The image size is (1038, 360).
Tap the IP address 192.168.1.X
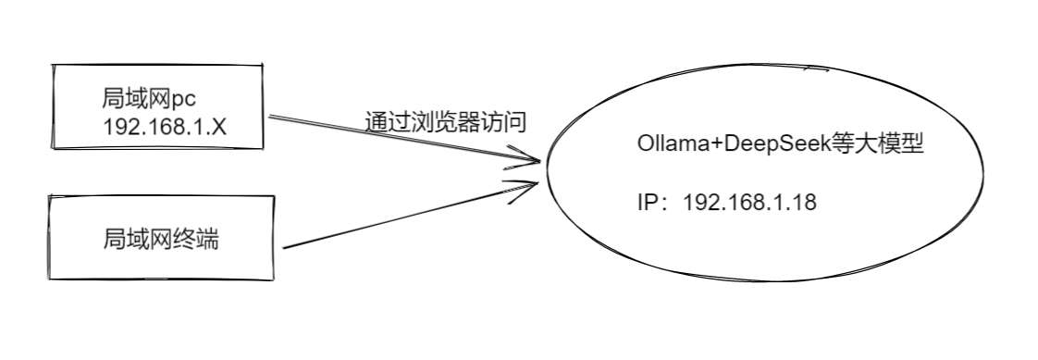(166, 126)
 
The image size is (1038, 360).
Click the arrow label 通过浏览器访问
(445, 122)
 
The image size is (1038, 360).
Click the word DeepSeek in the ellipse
(772, 145)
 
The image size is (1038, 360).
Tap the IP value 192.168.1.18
(749, 203)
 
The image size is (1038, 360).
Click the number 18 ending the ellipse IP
(805, 203)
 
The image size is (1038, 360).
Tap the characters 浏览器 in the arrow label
(445, 122)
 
